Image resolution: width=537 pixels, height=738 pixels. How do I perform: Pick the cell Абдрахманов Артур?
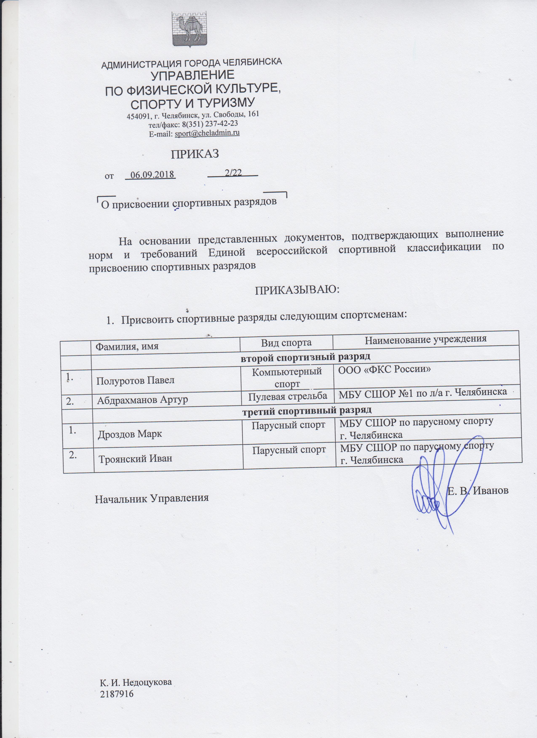[142, 400]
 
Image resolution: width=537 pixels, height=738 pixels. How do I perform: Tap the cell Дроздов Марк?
[130, 434]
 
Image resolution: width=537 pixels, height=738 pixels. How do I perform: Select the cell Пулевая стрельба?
[288, 396]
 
